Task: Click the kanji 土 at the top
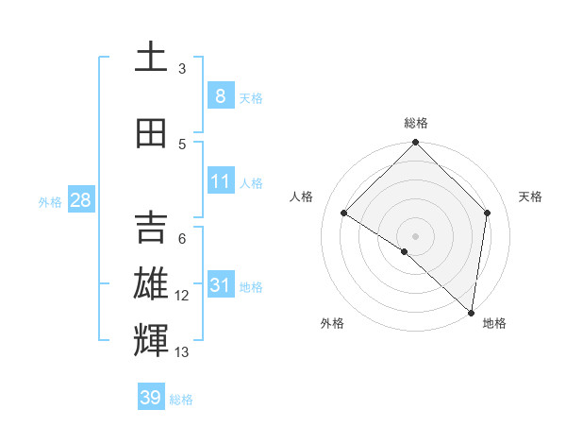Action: click(151, 59)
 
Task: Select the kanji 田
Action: click(151, 134)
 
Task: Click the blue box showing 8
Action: click(220, 95)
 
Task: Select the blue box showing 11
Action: click(220, 181)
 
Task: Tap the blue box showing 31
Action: click(220, 285)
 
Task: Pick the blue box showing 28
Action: click(80, 200)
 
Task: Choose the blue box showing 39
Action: click(151, 398)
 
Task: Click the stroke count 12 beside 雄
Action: click(182, 296)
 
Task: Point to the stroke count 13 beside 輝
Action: click(182, 352)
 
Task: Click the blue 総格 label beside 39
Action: click(181, 400)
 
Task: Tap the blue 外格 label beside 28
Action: click(50, 201)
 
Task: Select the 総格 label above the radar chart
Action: click(416, 123)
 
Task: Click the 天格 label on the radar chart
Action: click(531, 196)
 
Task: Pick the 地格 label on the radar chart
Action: click(494, 323)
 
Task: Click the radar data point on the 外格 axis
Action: click(405, 251)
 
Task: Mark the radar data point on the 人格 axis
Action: click(344, 213)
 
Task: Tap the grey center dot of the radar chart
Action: click(416, 236)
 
